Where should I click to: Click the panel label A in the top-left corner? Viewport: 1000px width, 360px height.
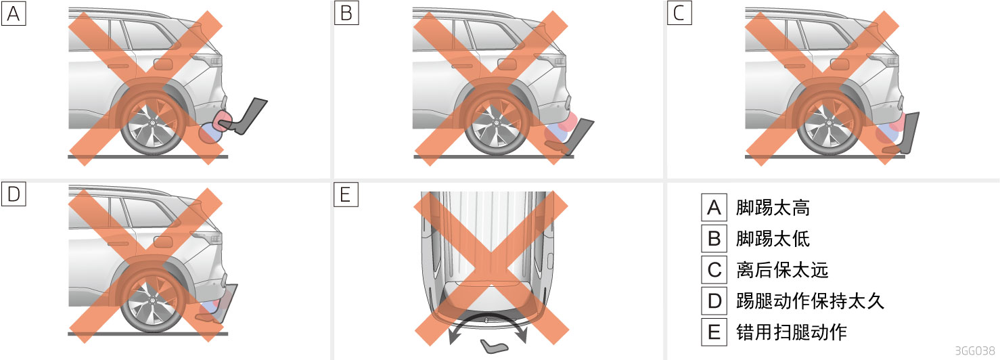[14, 14]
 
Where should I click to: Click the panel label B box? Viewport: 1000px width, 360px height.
[346, 14]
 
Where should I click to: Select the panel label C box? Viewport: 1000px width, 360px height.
[679, 14]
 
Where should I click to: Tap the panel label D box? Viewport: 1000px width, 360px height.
[14, 194]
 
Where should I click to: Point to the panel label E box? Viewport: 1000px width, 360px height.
[346, 194]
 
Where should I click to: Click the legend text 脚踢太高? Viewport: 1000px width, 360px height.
[773, 208]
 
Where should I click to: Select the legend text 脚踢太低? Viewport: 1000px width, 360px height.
[773, 238]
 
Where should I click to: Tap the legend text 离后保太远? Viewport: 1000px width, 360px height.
[782, 270]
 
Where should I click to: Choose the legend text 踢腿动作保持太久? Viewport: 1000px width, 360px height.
[810, 300]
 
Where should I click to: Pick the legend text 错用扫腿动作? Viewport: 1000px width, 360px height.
[792, 332]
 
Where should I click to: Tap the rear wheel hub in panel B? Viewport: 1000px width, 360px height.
[495, 123]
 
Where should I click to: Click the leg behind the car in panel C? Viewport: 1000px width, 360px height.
[903, 134]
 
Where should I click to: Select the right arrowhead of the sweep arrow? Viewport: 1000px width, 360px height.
[522, 336]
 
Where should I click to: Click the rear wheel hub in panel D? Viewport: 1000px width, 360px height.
[152, 300]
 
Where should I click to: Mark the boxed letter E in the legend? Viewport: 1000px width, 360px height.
[714, 332]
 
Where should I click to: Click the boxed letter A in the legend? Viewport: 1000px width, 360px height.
[714, 208]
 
